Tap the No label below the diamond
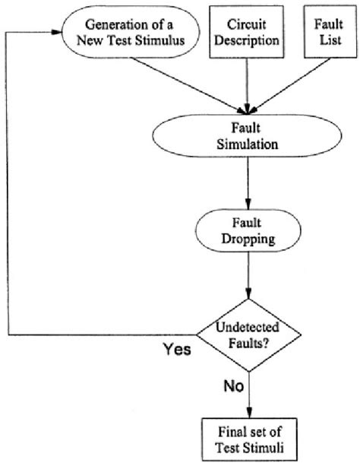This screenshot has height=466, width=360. pos(233,387)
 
